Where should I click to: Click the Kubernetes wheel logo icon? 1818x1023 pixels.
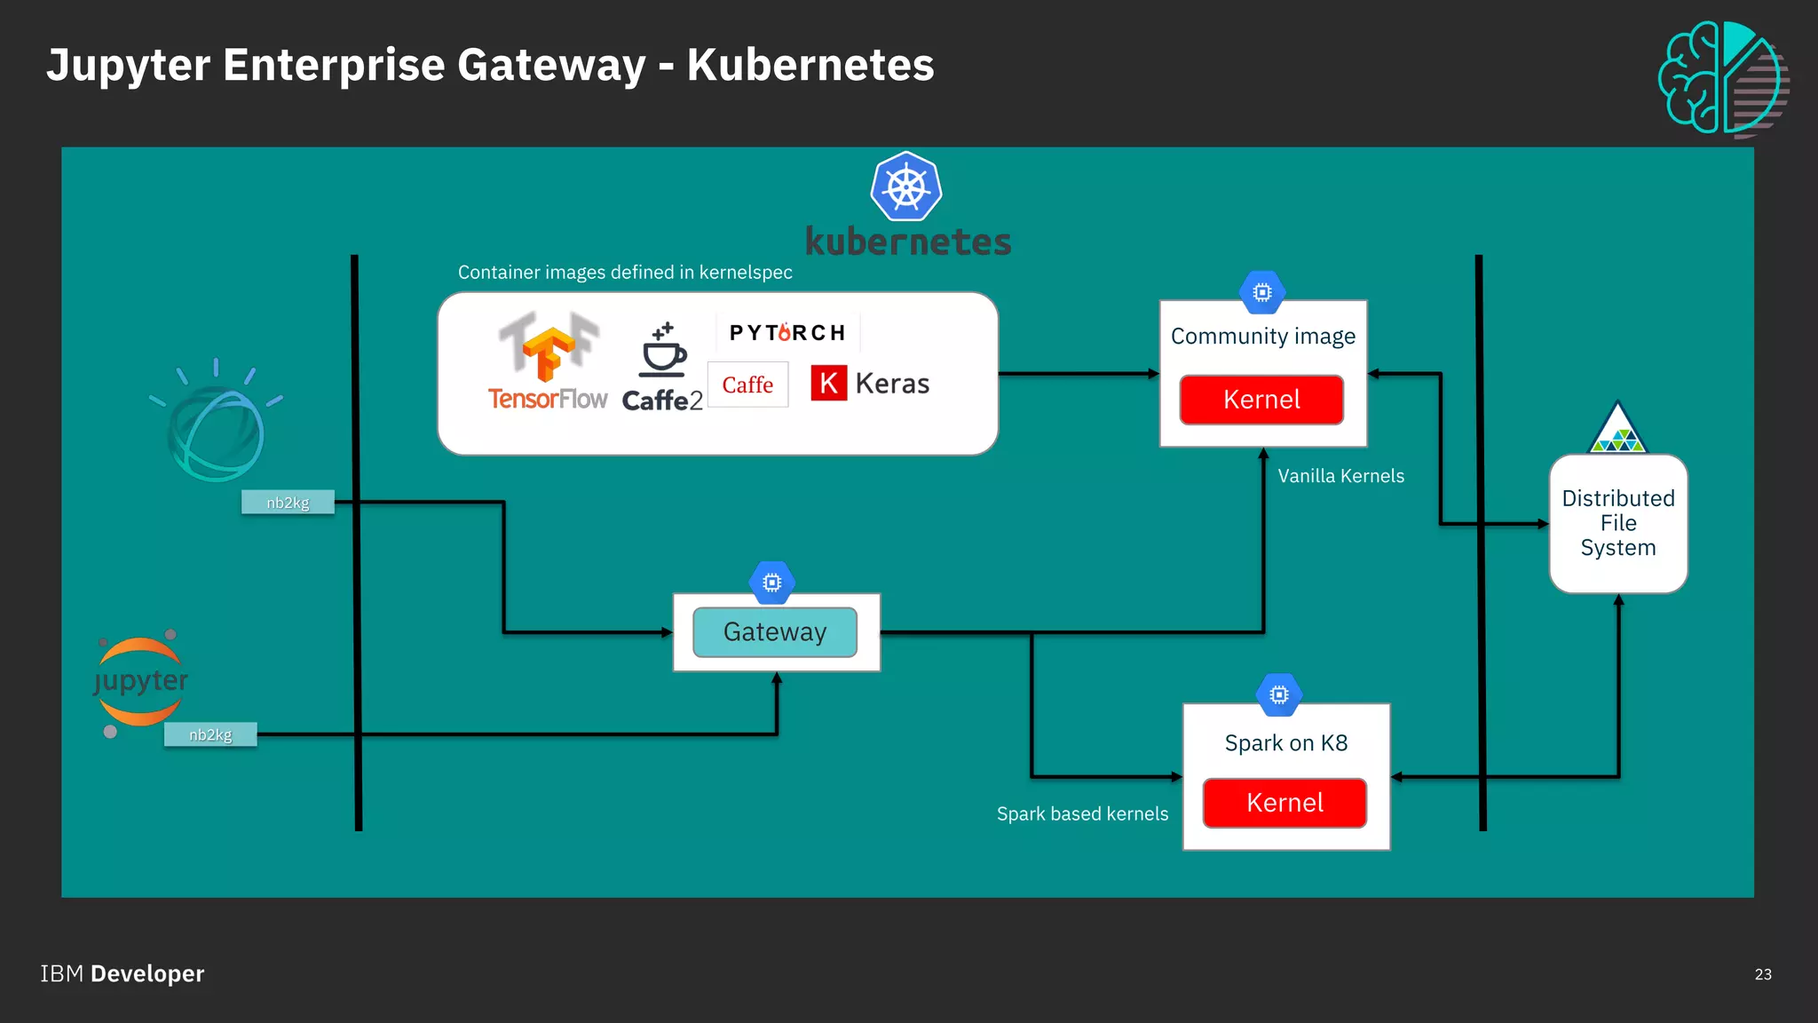[905, 187]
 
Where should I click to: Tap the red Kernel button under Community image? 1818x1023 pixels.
[1261, 400]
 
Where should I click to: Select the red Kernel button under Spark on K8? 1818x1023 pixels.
[1284, 803]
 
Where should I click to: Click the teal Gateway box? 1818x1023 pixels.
[775, 632]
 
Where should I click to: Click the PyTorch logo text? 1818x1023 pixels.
[787, 333]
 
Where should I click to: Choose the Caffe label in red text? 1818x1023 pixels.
[747, 385]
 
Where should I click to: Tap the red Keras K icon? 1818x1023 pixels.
[828, 384]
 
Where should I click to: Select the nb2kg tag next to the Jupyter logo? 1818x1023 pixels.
[210, 734]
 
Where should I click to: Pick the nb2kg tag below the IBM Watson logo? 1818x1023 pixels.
[288, 503]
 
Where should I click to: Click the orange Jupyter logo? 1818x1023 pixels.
[140, 682]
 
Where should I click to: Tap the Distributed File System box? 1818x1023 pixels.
[1617, 523]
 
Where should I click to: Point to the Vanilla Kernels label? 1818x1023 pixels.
[1340, 476]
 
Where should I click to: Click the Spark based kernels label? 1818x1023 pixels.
[1082, 813]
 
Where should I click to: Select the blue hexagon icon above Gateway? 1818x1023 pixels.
[772, 583]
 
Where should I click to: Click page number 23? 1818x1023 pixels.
[1763, 974]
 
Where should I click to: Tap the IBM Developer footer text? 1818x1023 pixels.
[123, 974]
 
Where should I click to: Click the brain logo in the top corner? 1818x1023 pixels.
[1722, 79]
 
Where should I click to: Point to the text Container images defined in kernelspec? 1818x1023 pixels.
[625, 273]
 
